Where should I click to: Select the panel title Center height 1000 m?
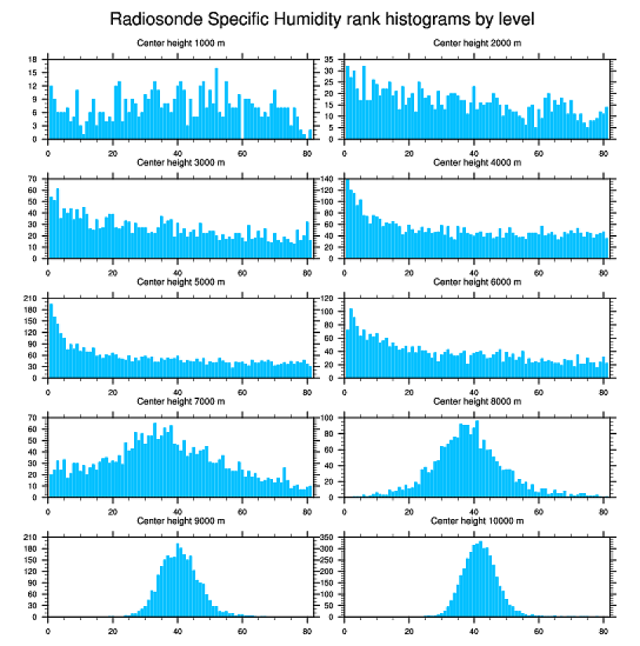181,42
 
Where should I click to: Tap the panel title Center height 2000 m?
477,42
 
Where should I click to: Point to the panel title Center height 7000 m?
181,401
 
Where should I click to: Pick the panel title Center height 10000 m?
477,521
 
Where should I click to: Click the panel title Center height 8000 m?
477,401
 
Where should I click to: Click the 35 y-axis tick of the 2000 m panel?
330,60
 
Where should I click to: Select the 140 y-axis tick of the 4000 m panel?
329,180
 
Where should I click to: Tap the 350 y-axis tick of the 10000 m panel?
329,537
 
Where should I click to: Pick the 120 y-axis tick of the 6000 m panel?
329,299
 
